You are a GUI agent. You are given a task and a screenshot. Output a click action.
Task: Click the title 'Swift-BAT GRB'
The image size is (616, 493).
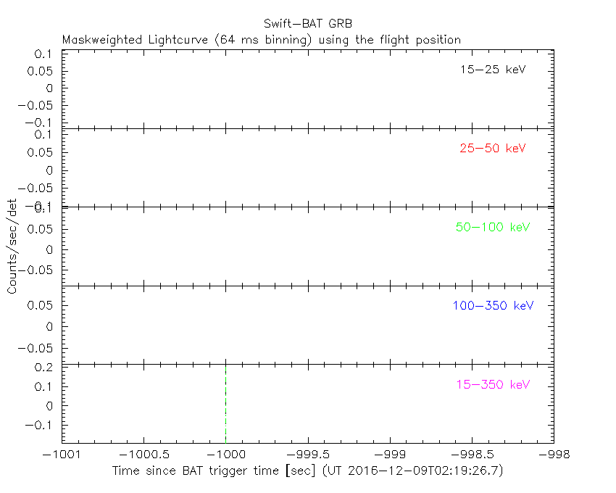308,23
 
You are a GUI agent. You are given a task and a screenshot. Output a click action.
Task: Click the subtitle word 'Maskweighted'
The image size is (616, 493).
97,40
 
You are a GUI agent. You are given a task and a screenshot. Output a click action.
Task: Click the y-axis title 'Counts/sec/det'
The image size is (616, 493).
12,246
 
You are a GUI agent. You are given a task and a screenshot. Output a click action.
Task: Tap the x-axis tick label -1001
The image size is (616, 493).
62,454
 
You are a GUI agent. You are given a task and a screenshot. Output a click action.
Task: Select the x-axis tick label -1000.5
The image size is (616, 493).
143,454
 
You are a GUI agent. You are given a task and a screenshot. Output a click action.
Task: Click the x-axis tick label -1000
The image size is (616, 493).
225,454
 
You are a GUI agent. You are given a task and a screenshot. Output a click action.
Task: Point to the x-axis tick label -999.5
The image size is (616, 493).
308,454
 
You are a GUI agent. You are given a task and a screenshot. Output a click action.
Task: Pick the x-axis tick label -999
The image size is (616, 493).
390,454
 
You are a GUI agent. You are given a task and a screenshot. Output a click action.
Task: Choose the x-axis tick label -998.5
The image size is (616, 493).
472,454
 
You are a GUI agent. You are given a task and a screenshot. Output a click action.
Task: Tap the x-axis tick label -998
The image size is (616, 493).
554,454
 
